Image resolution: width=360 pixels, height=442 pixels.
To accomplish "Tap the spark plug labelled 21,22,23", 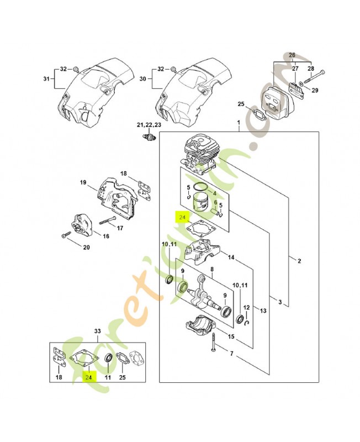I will point(147,136).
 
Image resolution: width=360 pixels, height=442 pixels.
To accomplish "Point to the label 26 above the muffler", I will point(292,55).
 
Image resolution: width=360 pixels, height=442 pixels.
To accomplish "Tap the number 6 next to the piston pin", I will point(215,202).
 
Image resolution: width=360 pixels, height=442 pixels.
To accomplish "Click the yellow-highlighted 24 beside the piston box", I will point(182,218).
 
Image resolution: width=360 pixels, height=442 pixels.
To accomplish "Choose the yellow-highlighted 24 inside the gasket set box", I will point(88,376).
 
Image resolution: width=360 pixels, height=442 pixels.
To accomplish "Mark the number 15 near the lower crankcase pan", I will point(231,336).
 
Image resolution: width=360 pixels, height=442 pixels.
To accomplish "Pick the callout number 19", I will point(83,183).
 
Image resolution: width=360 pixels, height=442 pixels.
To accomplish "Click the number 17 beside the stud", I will point(120,227).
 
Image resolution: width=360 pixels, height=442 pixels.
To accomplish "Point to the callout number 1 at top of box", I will point(238,123).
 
